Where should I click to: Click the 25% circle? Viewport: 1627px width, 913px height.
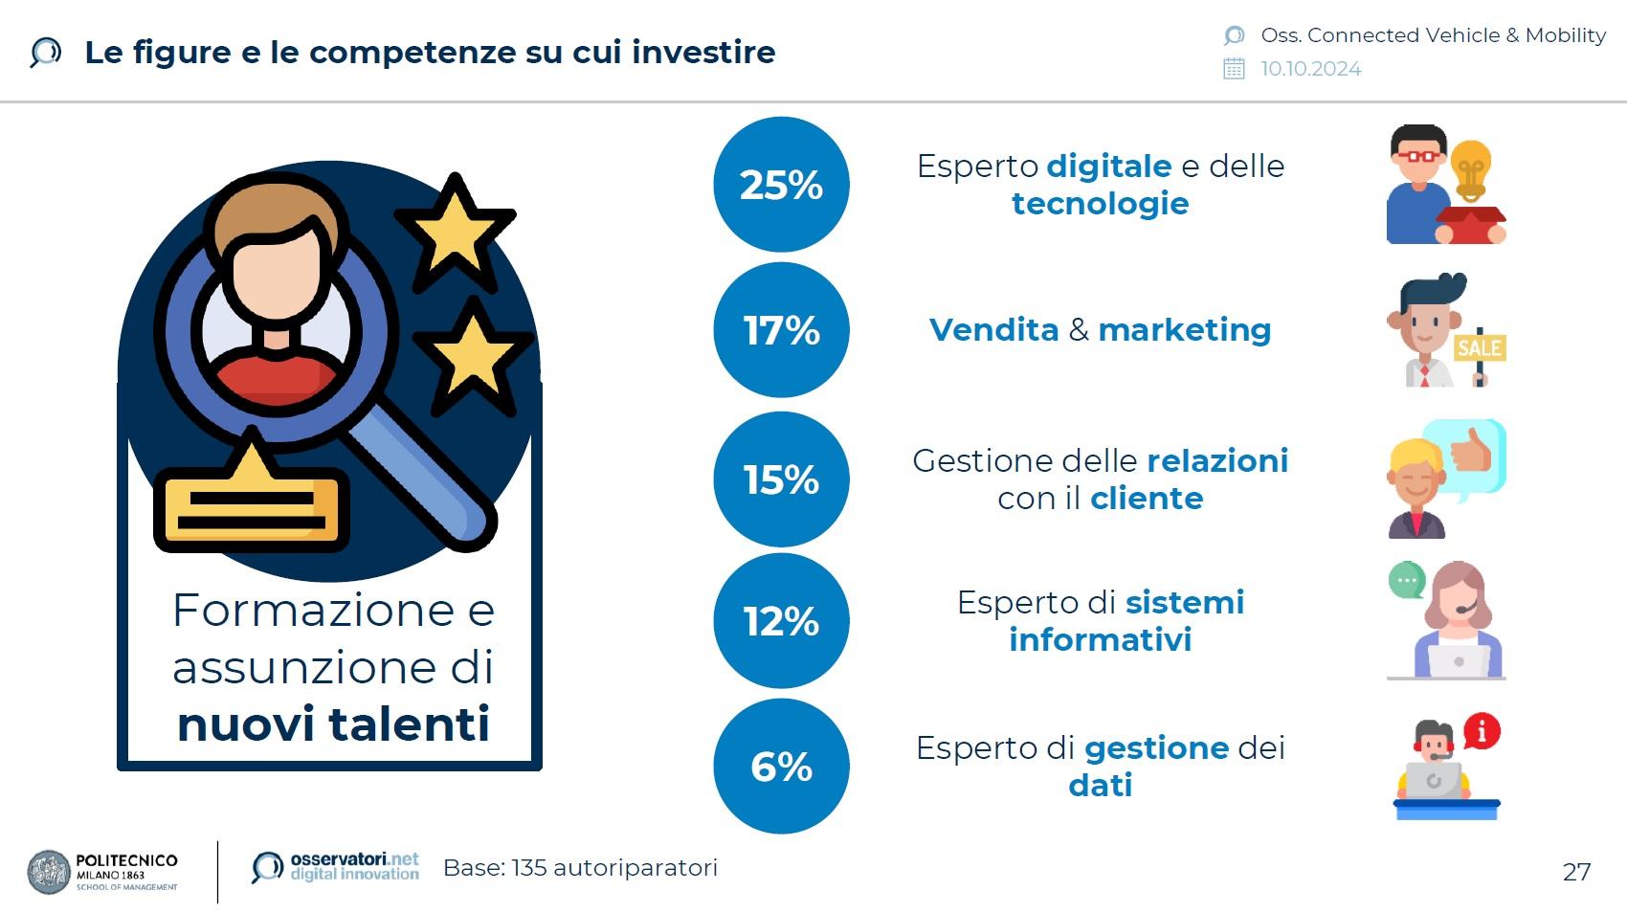coord(782,185)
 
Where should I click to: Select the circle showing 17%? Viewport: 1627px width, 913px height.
coord(782,330)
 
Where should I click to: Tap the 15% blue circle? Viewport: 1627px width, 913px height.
coord(782,479)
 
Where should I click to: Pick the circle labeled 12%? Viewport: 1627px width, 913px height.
coord(782,621)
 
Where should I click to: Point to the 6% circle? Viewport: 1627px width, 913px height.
coord(782,767)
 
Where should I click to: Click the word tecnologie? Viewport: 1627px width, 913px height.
coord(1101,204)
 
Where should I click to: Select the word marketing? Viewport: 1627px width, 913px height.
coord(1185,330)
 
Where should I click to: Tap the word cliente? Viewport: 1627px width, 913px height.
coord(1147,499)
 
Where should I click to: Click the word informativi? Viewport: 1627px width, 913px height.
coord(1101,640)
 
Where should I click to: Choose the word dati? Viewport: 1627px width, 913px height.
coord(1101,785)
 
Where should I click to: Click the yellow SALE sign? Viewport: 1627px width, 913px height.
coord(1480,348)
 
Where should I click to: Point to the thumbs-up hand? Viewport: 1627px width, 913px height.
coord(1469,451)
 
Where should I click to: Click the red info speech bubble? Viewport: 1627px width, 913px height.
coord(1482,731)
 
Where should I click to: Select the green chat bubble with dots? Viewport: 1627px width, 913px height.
coord(1407,580)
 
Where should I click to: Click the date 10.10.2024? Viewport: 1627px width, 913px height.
coord(1311,69)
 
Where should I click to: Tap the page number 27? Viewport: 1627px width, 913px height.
coord(1577,872)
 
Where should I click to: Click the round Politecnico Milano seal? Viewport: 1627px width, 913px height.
coord(49,872)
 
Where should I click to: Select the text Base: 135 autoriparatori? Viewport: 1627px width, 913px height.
coord(580,868)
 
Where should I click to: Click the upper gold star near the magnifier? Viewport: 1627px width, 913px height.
coord(455,231)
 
